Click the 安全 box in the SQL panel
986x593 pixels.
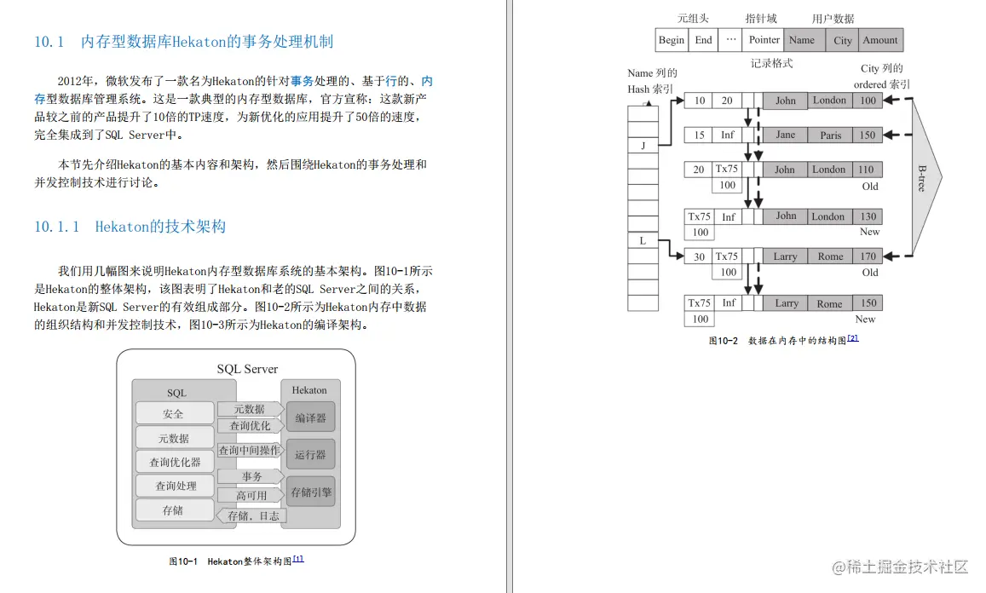174,414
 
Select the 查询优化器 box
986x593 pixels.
174,462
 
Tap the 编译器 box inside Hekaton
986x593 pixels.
310,418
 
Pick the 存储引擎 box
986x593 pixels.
310,492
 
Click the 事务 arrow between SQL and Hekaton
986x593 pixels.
251,476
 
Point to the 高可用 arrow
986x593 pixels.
251,495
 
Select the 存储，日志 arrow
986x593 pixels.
252,515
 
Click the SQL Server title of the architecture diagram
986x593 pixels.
247,369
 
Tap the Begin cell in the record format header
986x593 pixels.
672,40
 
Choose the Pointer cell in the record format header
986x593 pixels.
764,40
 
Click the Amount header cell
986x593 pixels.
879,40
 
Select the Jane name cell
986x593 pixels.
785,135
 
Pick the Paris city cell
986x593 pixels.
830,135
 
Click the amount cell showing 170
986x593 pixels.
868,256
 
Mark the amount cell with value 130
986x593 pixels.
868,216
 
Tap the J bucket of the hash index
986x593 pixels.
643,146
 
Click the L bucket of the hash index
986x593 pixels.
643,241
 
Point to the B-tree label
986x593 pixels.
921,177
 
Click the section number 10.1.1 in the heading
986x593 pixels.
56,227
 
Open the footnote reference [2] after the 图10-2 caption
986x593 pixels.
852,338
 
